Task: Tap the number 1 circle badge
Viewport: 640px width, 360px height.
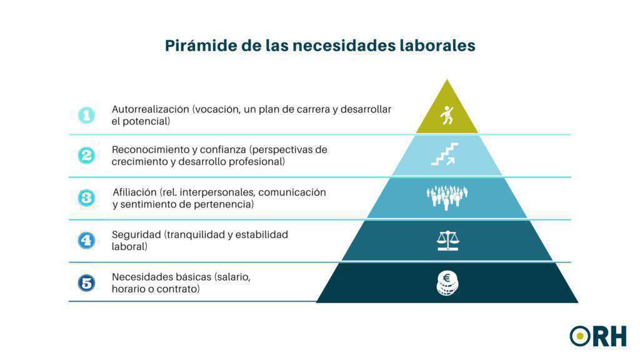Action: tap(86, 115)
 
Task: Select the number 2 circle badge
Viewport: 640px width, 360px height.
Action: tap(86, 156)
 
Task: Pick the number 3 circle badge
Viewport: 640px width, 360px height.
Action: tap(86, 198)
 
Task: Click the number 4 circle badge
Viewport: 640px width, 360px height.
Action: tap(86, 240)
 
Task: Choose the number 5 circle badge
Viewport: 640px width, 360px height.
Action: tap(86, 282)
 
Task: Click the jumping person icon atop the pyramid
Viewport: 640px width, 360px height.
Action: tap(447, 115)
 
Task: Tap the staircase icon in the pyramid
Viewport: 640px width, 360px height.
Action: tap(444, 154)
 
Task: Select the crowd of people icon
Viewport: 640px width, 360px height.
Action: tap(447, 197)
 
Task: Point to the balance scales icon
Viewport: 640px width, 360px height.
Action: tap(447, 241)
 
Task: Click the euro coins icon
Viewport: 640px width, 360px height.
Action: tap(447, 283)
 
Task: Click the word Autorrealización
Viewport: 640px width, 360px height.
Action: tap(150, 109)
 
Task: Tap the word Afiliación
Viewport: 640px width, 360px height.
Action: tap(134, 192)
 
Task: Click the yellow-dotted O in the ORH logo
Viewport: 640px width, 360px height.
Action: tap(580, 336)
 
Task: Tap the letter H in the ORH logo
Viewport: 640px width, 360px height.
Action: tap(617, 336)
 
